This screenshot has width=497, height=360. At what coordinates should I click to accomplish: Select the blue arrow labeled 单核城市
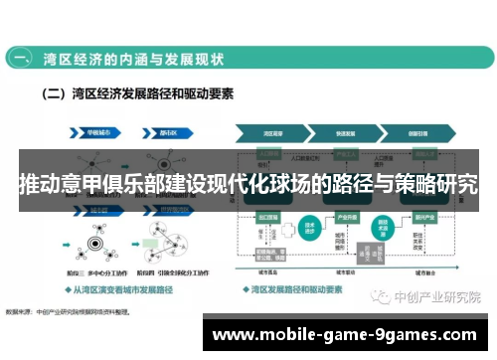(98, 129)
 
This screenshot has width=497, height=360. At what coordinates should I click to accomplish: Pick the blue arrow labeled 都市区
(165, 129)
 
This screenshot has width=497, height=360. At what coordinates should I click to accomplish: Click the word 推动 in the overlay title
(40, 185)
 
